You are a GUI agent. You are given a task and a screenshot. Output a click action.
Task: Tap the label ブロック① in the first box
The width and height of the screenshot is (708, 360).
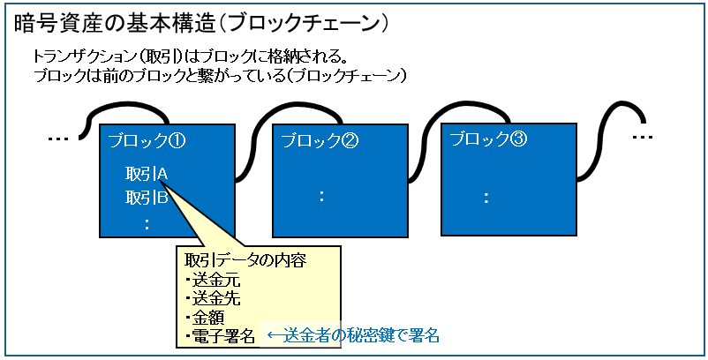146,140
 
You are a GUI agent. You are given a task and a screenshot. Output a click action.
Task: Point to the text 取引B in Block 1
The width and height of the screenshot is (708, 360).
147,197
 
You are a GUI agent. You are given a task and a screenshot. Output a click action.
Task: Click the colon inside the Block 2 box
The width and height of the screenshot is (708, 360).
321,197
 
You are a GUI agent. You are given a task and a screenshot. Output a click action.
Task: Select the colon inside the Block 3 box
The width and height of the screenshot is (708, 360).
486,197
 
